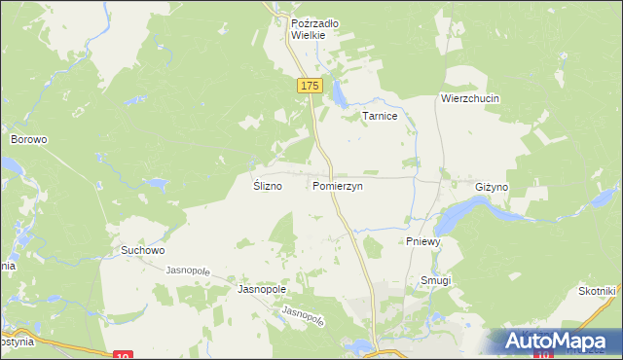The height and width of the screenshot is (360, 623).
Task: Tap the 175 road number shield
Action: [309, 87]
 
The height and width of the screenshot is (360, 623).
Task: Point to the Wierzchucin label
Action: [469, 99]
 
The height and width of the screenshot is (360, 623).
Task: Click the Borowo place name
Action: [29, 139]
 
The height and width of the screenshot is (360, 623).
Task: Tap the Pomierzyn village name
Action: [338, 186]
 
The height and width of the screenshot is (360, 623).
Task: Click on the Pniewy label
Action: [423, 240]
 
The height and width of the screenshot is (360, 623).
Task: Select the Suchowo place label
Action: [142, 250]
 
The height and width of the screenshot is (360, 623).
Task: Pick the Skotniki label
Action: [596, 292]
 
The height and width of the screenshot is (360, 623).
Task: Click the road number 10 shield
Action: [122, 355]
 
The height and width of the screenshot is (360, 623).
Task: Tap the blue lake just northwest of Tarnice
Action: [338, 95]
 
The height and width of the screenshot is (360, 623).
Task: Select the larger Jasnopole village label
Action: [261, 290]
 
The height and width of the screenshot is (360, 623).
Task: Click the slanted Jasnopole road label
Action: [302, 316]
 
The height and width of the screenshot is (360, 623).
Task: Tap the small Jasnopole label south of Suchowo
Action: [188, 270]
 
